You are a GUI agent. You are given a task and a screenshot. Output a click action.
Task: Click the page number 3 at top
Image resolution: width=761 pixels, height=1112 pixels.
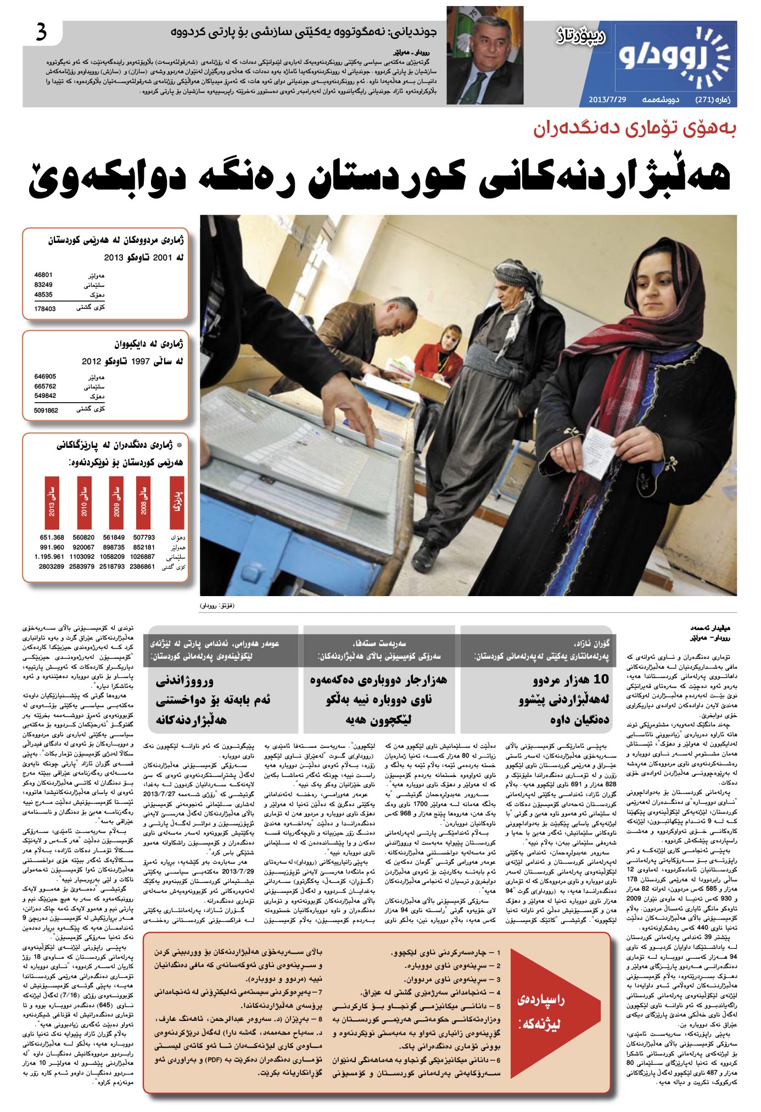[x=41, y=34]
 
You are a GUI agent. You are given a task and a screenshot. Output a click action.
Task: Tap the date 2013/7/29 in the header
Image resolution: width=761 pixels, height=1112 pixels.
[x=607, y=100]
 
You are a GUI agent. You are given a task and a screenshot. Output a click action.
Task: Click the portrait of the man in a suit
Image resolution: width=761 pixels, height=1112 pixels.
[x=484, y=55]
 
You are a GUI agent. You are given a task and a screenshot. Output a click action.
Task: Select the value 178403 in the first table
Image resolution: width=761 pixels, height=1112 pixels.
[x=45, y=309]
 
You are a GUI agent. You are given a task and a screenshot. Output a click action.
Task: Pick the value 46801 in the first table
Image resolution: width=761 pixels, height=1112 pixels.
[x=43, y=275]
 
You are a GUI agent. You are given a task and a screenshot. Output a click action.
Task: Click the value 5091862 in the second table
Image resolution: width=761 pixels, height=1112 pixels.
[x=46, y=410]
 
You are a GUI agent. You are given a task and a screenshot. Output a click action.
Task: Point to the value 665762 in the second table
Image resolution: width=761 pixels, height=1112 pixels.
[x=45, y=386]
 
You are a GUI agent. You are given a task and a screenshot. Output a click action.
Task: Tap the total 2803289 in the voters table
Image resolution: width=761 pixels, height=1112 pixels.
[x=51, y=566]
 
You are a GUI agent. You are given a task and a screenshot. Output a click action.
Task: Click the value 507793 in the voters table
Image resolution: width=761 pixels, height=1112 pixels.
[x=144, y=537]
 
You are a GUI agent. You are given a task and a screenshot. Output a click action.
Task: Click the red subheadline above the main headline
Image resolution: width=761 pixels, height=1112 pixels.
[x=634, y=129]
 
